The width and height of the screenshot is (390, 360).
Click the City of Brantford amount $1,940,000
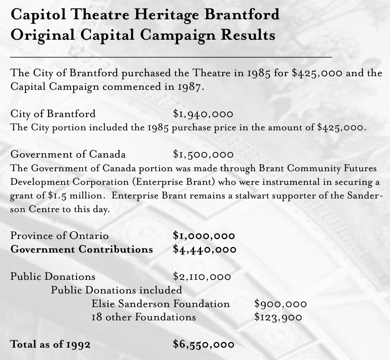[203, 114]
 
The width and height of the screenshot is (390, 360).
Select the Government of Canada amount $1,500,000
[203, 154]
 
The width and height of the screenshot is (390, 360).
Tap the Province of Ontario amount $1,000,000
[204, 236]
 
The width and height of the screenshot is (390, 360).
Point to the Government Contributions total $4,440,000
[204, 249]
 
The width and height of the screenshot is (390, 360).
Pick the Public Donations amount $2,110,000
[202, 277]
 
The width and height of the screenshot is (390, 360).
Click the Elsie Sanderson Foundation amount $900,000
[280, 304]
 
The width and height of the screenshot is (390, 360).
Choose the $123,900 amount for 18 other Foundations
[278, 318]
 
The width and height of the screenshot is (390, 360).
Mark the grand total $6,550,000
[203, 344]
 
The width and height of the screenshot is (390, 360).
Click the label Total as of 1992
[50, 344]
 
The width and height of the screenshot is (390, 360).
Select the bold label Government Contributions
[82, 249]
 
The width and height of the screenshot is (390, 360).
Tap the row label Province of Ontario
[59, 236]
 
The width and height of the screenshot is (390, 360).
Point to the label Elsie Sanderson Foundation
[161, 304]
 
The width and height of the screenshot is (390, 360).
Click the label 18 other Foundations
[144, 318]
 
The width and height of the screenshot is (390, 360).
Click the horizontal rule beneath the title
[171, 58]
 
